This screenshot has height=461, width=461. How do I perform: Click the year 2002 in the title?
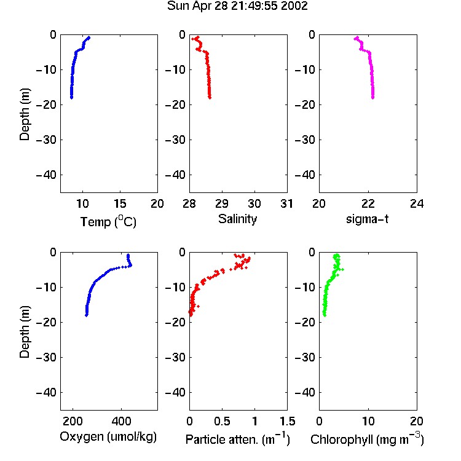(294, 6)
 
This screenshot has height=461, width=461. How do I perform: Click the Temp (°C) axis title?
(108, 221)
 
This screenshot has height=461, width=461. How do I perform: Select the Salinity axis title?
(237, 219)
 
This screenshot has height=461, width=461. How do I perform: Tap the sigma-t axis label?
(367, 219)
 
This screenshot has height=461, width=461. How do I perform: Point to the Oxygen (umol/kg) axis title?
(108, 436)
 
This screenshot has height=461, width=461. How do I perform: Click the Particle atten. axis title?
(238, 439)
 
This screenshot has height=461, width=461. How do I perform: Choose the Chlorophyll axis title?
(367, 439)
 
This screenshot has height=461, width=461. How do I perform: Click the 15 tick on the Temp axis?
(120, 203)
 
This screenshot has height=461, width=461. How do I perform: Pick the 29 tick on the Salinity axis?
(222, 203)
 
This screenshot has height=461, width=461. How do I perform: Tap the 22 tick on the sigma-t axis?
(368, 203)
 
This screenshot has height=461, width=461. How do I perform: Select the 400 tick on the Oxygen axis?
(121, 421)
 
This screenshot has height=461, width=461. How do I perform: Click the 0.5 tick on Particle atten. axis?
(222, 421)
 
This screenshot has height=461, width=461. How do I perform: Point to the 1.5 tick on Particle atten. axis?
(287, 421)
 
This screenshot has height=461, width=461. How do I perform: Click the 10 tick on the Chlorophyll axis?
(368, 421)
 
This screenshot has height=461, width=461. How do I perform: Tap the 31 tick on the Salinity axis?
(287, 203)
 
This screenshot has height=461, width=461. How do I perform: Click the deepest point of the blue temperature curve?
(71, 97)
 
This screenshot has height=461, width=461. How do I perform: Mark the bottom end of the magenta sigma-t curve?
(373, 97)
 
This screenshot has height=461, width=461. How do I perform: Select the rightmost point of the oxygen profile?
(131, 265)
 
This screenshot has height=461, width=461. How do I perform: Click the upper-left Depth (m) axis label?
(25, 114)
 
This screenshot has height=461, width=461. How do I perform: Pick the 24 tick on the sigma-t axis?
(417, 203)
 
